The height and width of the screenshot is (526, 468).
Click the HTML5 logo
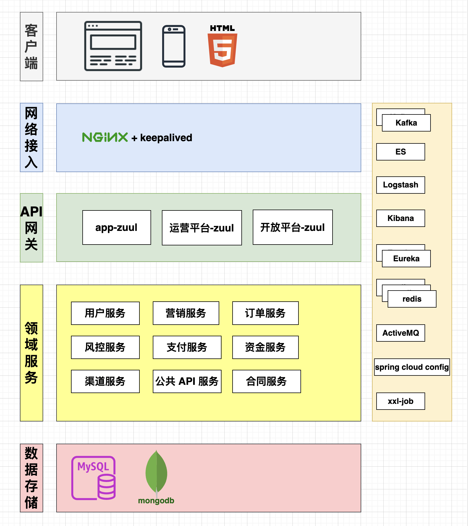tap(222, 46)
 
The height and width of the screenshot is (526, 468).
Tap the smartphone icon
tap(174, 46)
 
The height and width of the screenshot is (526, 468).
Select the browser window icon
tap(113, 46)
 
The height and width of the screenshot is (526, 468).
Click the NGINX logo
tap(105, 137)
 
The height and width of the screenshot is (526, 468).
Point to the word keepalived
tap(166, 138)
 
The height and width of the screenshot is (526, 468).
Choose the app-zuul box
tap(117, 227)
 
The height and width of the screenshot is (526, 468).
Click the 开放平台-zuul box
tap(293, 227)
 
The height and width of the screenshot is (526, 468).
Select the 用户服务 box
tap(105, 313)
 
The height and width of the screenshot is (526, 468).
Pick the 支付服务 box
tap(187, 347)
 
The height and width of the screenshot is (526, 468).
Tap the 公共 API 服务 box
tap(187, 381)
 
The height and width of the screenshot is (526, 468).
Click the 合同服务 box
tap(267, 381)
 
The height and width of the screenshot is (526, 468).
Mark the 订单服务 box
tap(266, 313)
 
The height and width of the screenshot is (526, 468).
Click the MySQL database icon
tap(93, 478)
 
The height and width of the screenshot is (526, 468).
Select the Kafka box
tap(406, 123)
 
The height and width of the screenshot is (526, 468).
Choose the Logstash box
tap(401, 185)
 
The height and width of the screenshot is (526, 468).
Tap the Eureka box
tap(406, 259)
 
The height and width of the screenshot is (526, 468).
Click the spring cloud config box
tap(412, 367)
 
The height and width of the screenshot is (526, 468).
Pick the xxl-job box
tap(401, 401)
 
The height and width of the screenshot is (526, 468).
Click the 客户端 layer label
tap(32, 47)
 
